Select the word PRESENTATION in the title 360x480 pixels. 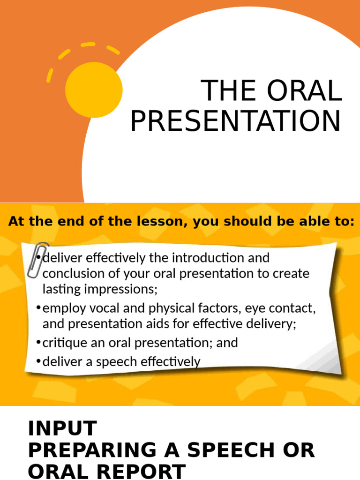(235, 120)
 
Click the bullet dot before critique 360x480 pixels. (38, 343)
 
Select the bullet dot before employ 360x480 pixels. (38, 308)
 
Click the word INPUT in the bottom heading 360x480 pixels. (62, 428)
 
